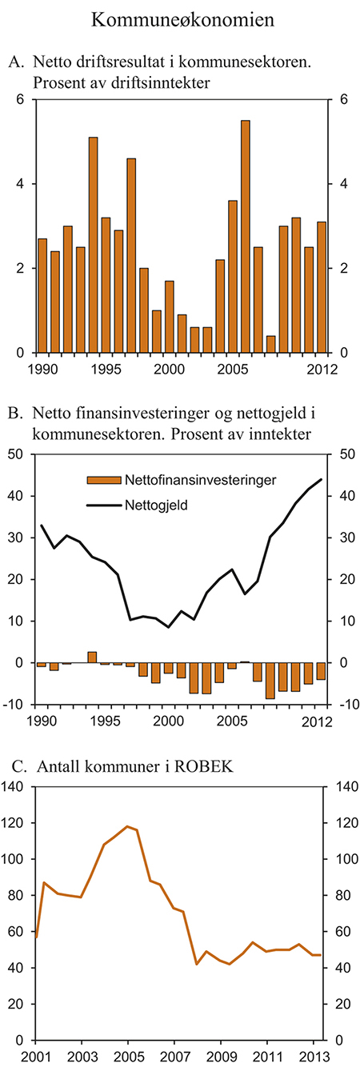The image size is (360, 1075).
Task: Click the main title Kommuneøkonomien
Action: pyautogui.click(x=183, y=20)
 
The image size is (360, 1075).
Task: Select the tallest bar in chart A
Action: pyautogui.click(x=245, y=236)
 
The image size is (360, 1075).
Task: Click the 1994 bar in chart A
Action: pyautogui.click(x=93, y=244)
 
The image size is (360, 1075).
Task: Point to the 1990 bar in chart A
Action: pyautogui.click(x=42, y=295)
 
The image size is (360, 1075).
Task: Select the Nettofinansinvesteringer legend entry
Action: pyautogui.click(x=184, y=480)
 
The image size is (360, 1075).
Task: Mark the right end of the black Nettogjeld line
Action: pyautogui.click(x=322, y=479)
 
